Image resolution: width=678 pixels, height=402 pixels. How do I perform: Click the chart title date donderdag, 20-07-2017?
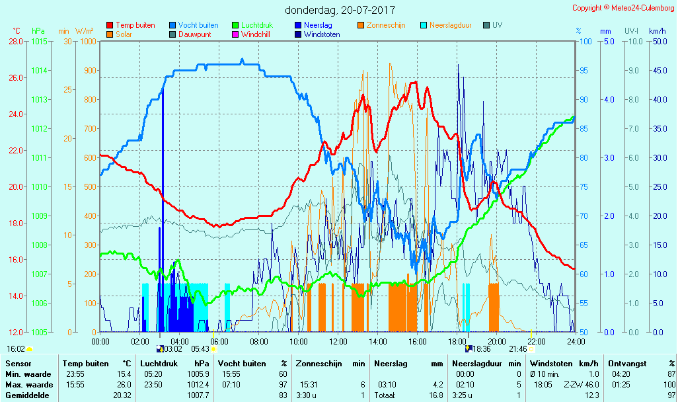point(340,10)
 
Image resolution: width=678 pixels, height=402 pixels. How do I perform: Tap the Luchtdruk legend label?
point(257,25)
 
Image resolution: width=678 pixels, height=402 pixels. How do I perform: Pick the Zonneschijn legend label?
point(386,25)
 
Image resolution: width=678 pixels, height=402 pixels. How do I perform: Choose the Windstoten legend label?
point(322,34)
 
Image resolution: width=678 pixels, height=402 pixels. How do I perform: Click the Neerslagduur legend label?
point(450,25)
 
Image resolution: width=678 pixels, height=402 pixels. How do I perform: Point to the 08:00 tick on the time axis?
point(259,341)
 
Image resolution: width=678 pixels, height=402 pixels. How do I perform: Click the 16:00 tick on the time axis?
point(418,341)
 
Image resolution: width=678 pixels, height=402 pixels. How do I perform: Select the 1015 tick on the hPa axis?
point(39,42)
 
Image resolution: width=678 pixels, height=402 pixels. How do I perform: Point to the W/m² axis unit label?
point(84,31)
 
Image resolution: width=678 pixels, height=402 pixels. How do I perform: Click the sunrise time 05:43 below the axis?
point(200,348)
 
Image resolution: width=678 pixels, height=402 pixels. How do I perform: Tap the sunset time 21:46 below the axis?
point(517,348)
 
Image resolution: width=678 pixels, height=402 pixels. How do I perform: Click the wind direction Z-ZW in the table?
point(570,385)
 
